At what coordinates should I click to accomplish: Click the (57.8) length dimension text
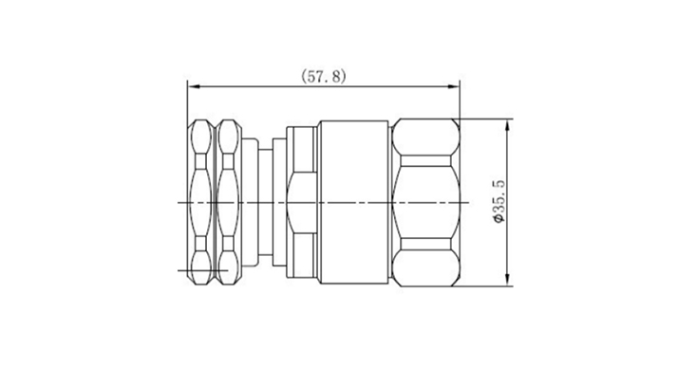[323, 76]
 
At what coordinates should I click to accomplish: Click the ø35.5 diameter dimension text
[499, 201]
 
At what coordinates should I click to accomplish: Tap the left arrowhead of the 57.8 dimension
[193, 86]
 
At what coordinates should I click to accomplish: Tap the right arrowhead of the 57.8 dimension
[454, 86]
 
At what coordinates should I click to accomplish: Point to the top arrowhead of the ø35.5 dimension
[507, 124]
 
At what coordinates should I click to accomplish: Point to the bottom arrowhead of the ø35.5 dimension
[507, 281]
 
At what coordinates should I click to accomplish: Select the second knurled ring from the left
[228, 202]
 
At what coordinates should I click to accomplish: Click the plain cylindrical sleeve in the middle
[354, 202]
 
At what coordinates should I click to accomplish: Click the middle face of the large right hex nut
[425, 202]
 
